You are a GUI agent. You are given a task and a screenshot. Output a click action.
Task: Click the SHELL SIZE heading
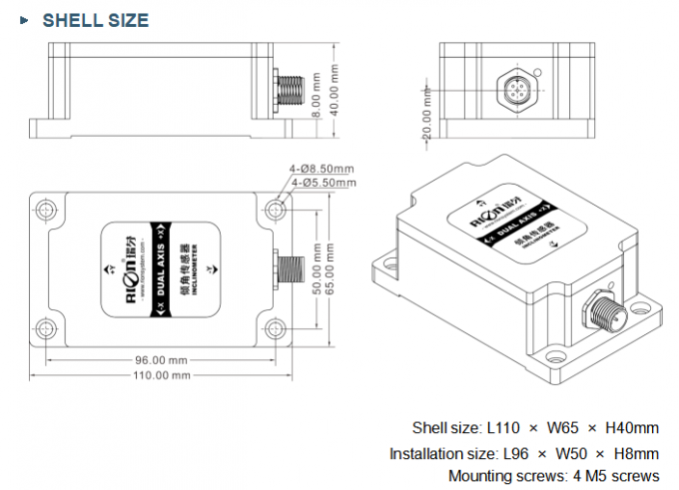95,20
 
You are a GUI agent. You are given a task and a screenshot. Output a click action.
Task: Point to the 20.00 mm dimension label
427,118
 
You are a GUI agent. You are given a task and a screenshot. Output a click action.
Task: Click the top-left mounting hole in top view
46,209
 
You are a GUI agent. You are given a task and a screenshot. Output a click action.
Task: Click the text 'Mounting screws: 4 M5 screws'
553,475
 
